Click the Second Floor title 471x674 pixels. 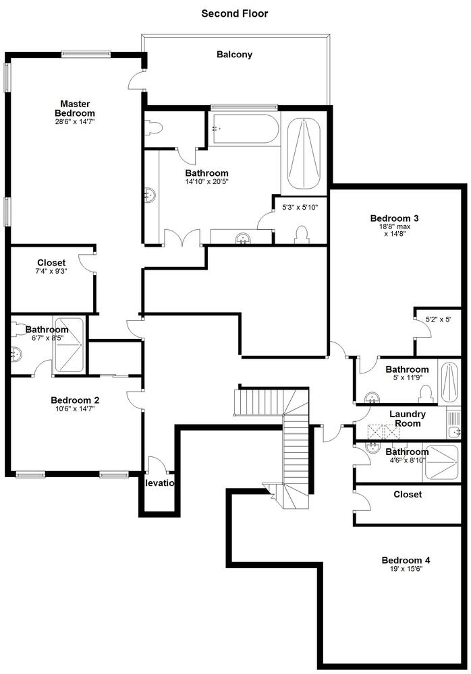tap(235, 13)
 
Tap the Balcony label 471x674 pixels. tap(234, 55)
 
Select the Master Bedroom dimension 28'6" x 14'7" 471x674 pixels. tap(75, 121)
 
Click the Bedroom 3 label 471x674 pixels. tap(394, 218)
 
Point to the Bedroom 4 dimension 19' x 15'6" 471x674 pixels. tap(406, 569)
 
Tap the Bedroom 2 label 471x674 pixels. tap(75, 400)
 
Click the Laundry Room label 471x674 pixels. tap(408, 419)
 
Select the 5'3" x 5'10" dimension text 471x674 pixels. tap(300, 207)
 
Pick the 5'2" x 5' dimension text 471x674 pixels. tap(439, 319)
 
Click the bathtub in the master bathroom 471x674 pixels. tap(244, 128)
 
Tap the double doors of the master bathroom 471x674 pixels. tap(183, 238)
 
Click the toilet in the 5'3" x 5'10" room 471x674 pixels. tap(302, 235)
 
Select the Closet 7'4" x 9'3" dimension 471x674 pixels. tap(52, 271)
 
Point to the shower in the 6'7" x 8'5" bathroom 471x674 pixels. tap(68, 346)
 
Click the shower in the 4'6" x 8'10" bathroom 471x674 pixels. tap(441, 462)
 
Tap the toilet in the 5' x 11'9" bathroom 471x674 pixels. tap(425, 394)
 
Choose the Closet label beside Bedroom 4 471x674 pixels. tap(408, 494)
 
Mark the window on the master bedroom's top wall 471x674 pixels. tap(86, 54)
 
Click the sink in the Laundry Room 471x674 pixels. tap(453, 431)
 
